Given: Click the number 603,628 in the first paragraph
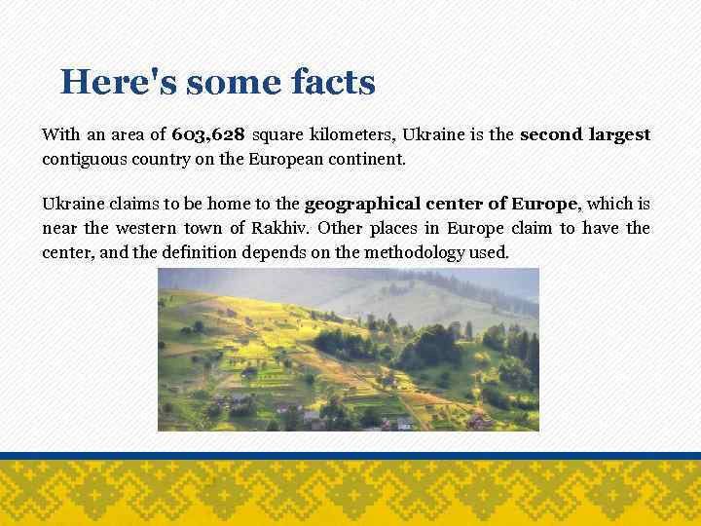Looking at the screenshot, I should click(x=207, y=134).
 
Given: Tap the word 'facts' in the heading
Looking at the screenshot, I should click(x=332, y=82).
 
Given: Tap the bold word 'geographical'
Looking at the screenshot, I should click(x=355, y=205).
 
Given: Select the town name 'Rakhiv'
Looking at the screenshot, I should click(x=289, y=229).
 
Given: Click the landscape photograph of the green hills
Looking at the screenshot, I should click(x=348, y=349).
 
